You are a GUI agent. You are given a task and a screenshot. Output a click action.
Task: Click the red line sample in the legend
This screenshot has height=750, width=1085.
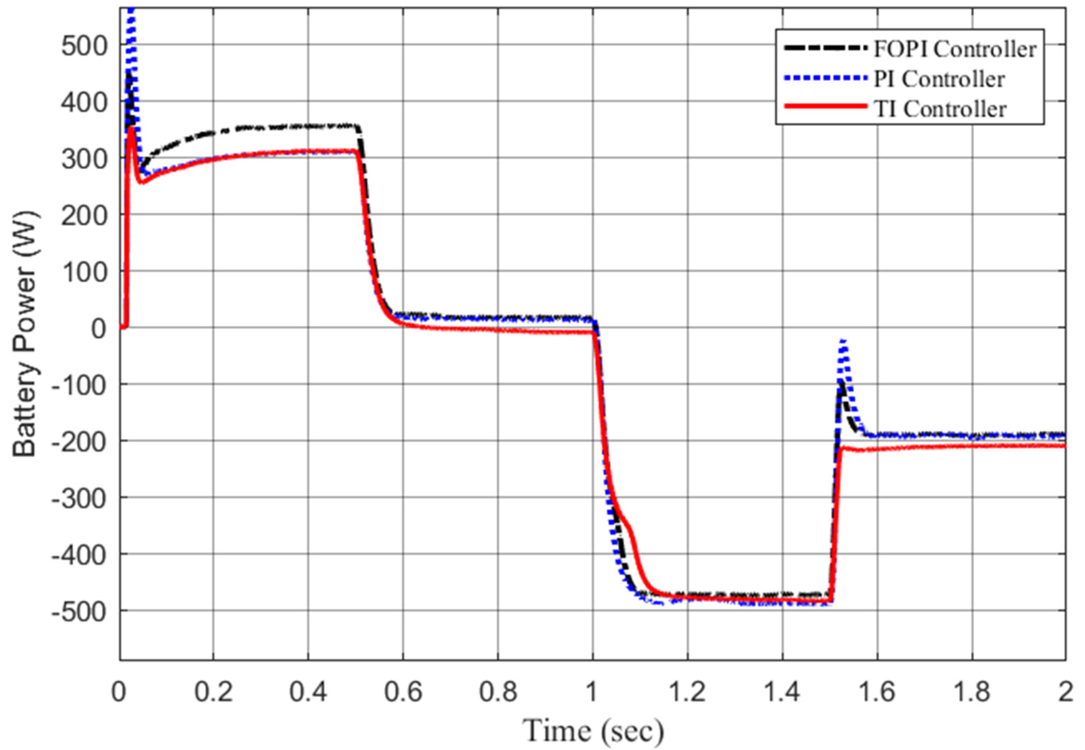click(x=825, y=106)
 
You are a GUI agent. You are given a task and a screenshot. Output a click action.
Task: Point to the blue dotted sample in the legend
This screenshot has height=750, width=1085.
click(x=825, y=77)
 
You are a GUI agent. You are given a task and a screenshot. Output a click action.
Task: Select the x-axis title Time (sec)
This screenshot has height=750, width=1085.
click(x=593, y=731)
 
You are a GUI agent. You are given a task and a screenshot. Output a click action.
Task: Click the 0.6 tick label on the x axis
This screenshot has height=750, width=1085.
click(x=403, y=692)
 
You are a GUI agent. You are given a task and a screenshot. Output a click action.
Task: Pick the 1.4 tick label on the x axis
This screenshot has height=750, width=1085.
click(x=782, y=692)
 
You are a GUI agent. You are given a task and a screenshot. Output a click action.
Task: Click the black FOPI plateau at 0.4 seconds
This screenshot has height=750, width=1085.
click(x=308, y=126)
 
